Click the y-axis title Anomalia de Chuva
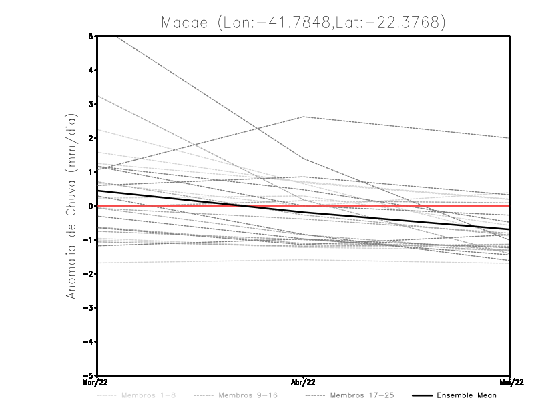[x=71, y=206]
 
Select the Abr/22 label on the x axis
[x=304, y=383]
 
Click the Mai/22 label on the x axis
[x=510, y=383]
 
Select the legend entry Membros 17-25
[x=362, y=395]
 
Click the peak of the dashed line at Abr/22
[x=304, y=117]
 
